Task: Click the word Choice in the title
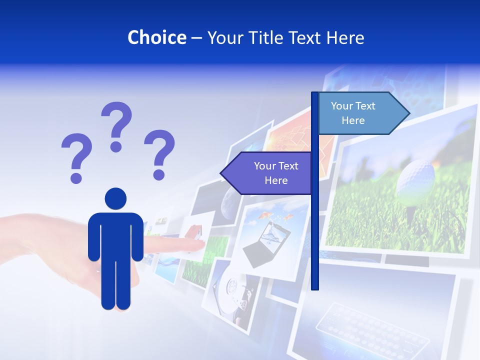156,37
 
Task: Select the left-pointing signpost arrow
267,173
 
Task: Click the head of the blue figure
115,198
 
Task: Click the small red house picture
193,231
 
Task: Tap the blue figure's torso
115,235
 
